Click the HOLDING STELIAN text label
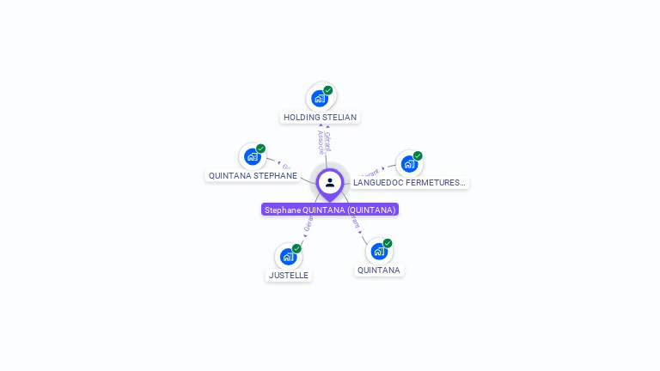click(320, 117)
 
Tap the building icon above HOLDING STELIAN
click(320, 98)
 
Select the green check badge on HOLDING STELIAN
click(328, 90)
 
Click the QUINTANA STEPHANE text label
click(253, 176)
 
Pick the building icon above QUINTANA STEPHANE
click(252, 156)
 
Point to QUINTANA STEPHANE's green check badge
click(260, 149)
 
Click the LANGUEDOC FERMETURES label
click(409, 183)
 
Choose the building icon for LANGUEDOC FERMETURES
click(409, 163)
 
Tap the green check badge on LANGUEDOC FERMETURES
click(418, 155)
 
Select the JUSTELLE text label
click(288, 276)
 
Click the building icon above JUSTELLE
click(288, 256)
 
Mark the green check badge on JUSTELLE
click(296, 248)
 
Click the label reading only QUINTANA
click(379, 270)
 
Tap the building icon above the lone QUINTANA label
click(378, 251)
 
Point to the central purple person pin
click(330, 182)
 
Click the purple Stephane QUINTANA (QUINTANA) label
click(330, 210)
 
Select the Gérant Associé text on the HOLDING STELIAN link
click(323, 142)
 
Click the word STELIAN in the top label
click(339, 117)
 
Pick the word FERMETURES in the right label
click(437, 183)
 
